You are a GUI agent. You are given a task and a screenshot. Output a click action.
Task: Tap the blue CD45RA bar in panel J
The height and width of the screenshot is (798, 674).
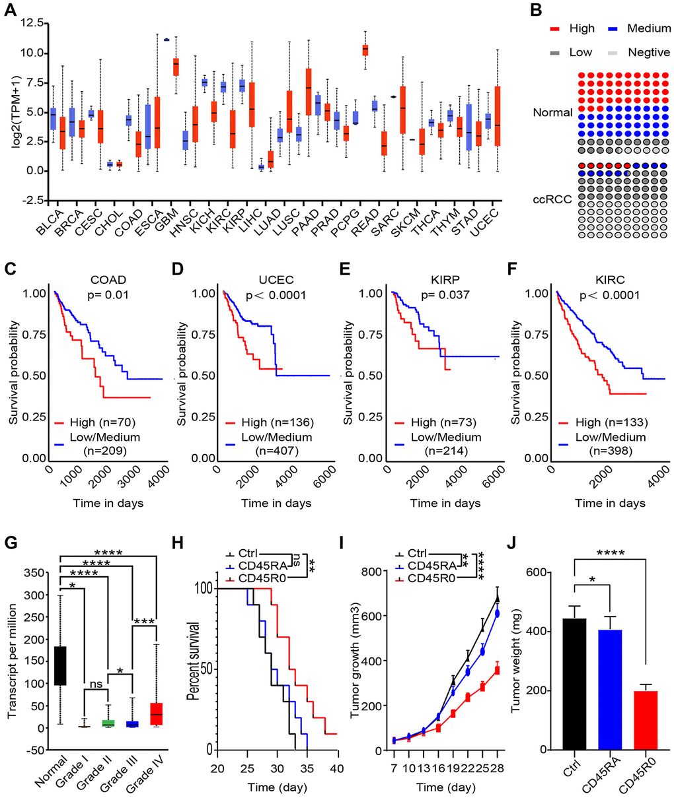601,689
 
